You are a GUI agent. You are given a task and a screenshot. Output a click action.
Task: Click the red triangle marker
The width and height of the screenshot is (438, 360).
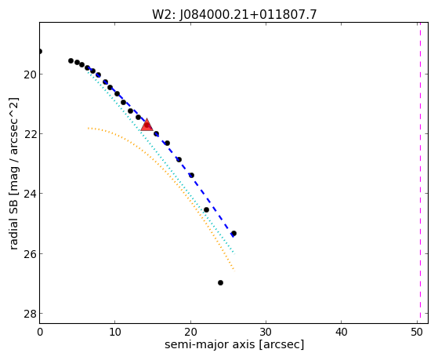coord(147,125)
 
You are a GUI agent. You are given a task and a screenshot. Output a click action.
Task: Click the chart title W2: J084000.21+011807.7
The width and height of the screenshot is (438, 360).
coord(234,14)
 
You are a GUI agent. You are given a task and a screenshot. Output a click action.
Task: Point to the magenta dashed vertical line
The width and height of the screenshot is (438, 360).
coord(420,173)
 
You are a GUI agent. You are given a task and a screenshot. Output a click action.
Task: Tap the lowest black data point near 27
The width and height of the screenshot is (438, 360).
coord(220,283)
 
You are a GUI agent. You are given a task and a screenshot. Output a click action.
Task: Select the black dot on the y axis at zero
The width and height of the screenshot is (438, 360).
coord(40,51)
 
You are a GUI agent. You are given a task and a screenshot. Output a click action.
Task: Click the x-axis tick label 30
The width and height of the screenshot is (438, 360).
coord(266,332)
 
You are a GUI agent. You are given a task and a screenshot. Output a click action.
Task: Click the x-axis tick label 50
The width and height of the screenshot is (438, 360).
coord(417,332)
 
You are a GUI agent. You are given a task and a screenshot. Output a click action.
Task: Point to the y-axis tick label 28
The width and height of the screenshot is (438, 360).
coord(29,314)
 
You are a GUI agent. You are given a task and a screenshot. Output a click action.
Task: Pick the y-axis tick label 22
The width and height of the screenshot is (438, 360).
coord(29,133)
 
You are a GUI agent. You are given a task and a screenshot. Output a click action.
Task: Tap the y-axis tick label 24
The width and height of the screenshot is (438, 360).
coord(29,194)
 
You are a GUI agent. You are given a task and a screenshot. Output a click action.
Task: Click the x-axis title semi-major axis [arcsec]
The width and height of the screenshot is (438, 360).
coord(234,344)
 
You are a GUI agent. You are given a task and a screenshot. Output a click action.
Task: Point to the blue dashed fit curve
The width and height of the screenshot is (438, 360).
coord(162,140)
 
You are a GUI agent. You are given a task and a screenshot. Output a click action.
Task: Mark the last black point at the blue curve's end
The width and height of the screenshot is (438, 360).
coord(233,233)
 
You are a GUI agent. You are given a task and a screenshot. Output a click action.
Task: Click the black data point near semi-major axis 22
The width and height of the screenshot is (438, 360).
coord(206,209)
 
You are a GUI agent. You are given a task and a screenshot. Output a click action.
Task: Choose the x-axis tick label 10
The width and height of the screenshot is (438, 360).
coord(115,332)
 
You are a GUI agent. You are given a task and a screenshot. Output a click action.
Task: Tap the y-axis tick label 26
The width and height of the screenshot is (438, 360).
coord(29,254)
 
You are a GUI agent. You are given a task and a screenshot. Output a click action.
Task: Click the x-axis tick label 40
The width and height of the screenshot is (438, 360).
coord(341,332)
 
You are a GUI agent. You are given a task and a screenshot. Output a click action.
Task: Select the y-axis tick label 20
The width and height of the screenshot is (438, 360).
coord(29,75)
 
